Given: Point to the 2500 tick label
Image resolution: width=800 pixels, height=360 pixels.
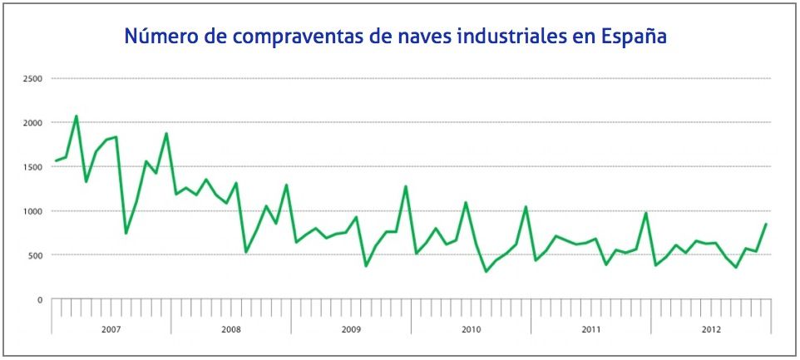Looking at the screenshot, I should (34, 79).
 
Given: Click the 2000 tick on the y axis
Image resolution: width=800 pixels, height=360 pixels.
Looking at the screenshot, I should (34, 123).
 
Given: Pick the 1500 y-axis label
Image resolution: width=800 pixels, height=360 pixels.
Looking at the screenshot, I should (34, 167).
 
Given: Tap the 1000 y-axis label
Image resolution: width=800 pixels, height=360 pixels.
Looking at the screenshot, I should (34, 211).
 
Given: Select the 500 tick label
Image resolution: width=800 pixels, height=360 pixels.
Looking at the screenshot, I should (36, 255).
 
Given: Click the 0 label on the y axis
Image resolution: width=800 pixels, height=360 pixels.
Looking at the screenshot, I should (39, 299).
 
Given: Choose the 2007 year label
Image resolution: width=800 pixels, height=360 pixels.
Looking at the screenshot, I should (111, 330).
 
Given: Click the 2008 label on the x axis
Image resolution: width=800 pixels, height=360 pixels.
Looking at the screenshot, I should (231, 330).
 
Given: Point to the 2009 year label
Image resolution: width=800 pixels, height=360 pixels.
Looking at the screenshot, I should (351, 330).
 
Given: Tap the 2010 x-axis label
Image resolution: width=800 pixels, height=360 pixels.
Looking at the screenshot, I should (471, 330).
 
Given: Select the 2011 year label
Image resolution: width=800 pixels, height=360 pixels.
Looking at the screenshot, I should (590, 330).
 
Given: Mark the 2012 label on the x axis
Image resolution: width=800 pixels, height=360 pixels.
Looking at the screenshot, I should (710, 330).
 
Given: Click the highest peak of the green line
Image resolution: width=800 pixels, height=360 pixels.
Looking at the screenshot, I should (77, 116).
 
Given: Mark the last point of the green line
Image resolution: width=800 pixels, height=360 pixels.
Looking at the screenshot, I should (766, 224).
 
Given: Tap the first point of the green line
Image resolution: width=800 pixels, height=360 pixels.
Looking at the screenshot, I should (56, 160).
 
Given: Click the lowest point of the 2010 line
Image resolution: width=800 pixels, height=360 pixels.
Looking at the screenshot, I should (486, 271).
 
